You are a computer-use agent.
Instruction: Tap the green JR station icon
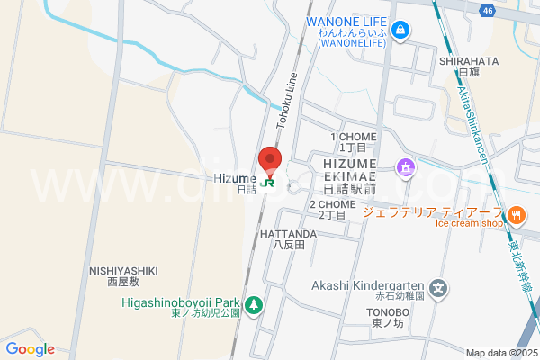pyautogui.click(x=269, y=183)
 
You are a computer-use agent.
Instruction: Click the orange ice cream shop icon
pyautogui.click(x=516, y=215)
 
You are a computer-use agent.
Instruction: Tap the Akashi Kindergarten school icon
pyautogui.click(x=438, y=289)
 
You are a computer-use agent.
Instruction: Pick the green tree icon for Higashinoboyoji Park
pyautogui.click(x=255, y=304)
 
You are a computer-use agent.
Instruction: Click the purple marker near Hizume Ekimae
pyautogui.click(x=407, y=166)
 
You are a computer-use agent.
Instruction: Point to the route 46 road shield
pyautogui.click(x=487, y=11)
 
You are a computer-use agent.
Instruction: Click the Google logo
pyautogui.click(x=30, y=349)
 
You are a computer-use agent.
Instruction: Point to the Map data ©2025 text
pyautogui.click(x=500, y=353)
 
